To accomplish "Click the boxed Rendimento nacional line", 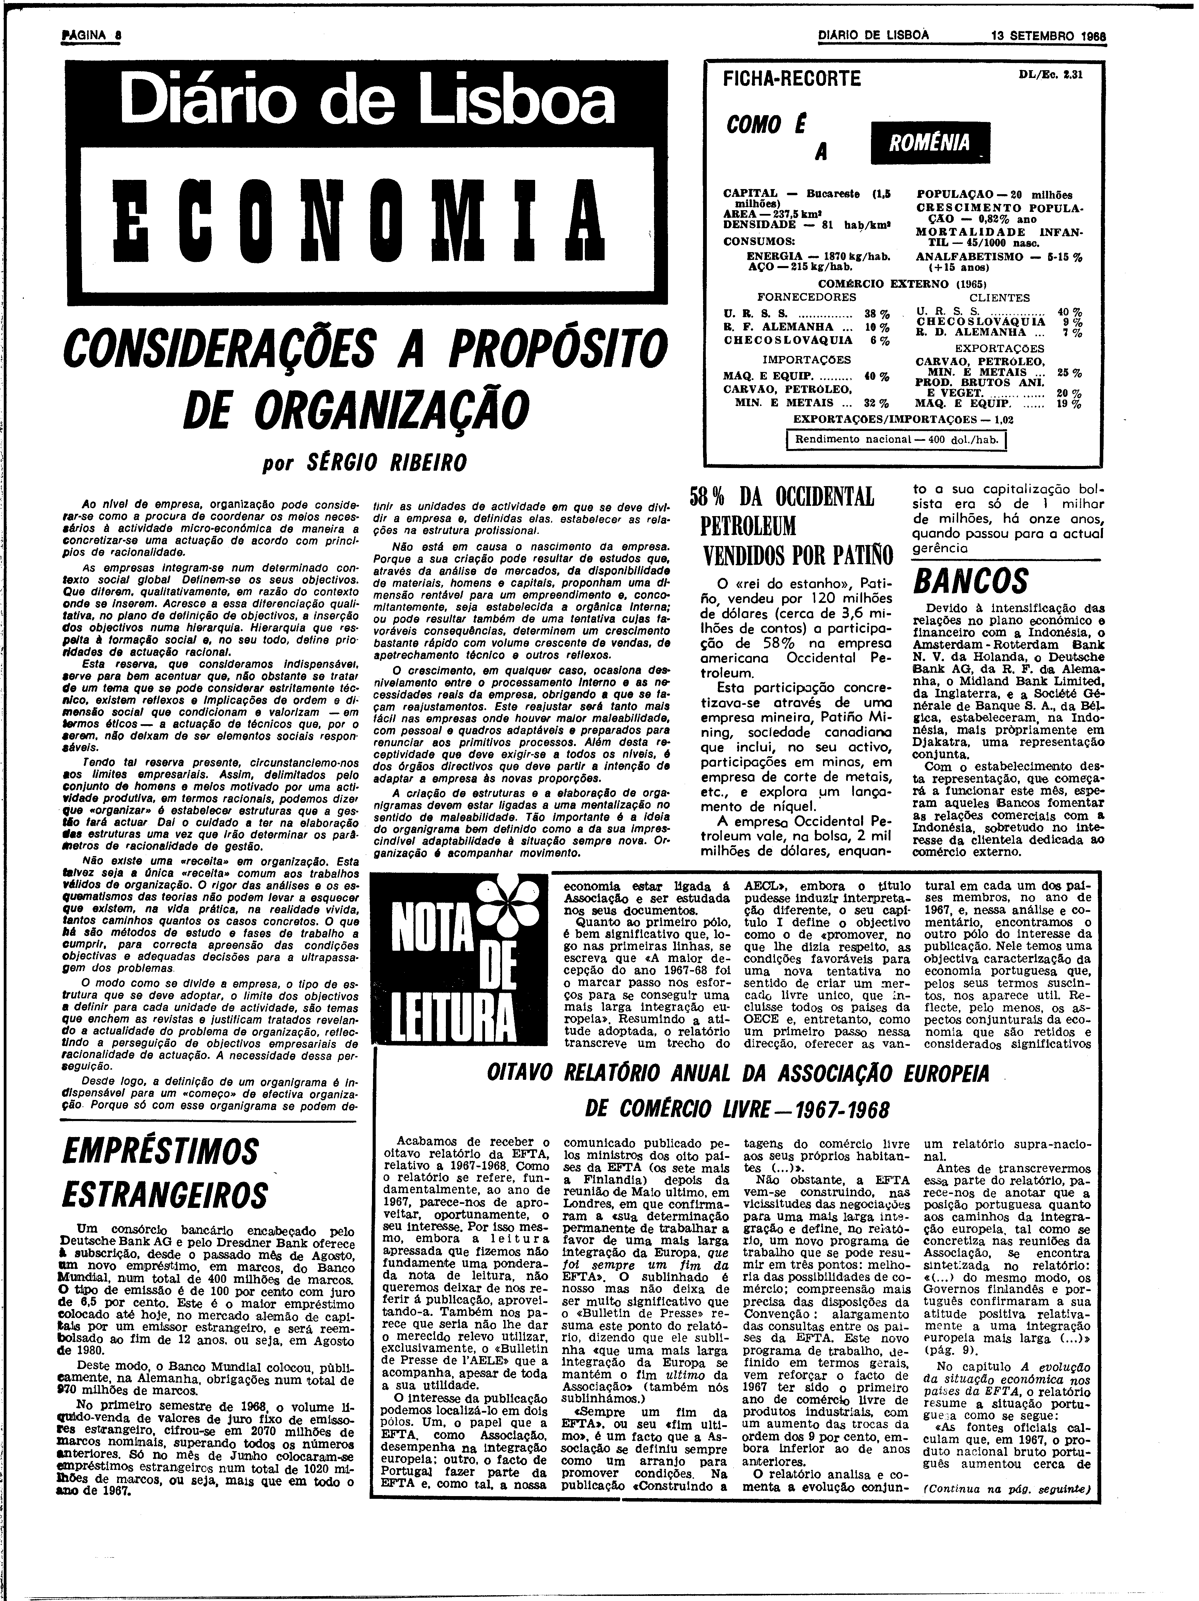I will [897, 439].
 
